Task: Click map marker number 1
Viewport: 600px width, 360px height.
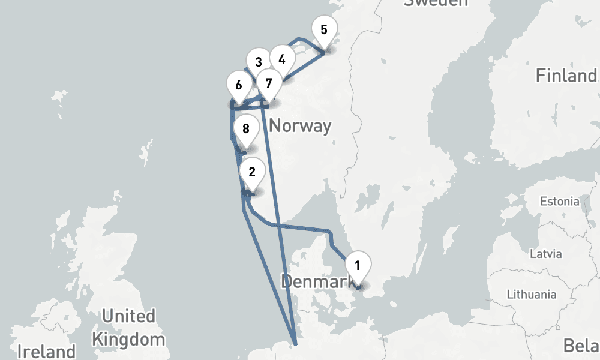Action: (357, 265)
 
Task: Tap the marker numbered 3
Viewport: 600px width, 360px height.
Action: (258, 62)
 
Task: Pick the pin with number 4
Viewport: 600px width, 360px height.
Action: (282, 59)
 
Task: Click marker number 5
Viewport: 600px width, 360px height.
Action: (324, 29)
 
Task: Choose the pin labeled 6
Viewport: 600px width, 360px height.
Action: (239, 85)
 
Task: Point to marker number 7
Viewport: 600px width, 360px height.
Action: (268, 82)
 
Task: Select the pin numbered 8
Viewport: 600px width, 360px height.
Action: (245, 128)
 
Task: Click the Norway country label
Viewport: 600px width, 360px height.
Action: (300, 126)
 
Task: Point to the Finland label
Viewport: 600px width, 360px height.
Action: (566, 76)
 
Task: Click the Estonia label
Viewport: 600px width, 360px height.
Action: (560, 201)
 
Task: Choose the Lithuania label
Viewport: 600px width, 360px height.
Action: (531, 295)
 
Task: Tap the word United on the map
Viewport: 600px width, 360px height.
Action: (128, 316)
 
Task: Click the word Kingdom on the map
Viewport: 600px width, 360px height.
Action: (128, 339)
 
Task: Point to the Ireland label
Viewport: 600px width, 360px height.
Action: (47, 351)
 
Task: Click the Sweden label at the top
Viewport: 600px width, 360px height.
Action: (436, 2)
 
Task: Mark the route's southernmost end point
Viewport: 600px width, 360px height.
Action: (295, 344)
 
